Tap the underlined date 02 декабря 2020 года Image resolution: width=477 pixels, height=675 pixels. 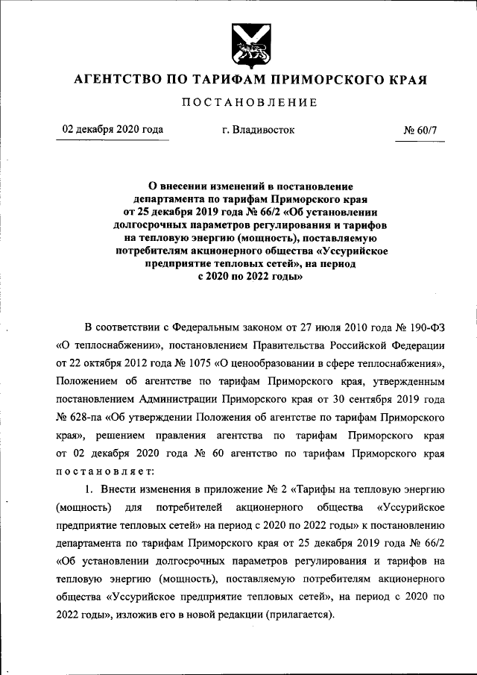point(113,129)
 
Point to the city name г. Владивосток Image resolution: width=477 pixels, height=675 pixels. point(258,130)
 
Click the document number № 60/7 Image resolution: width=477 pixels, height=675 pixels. point(424,130)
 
